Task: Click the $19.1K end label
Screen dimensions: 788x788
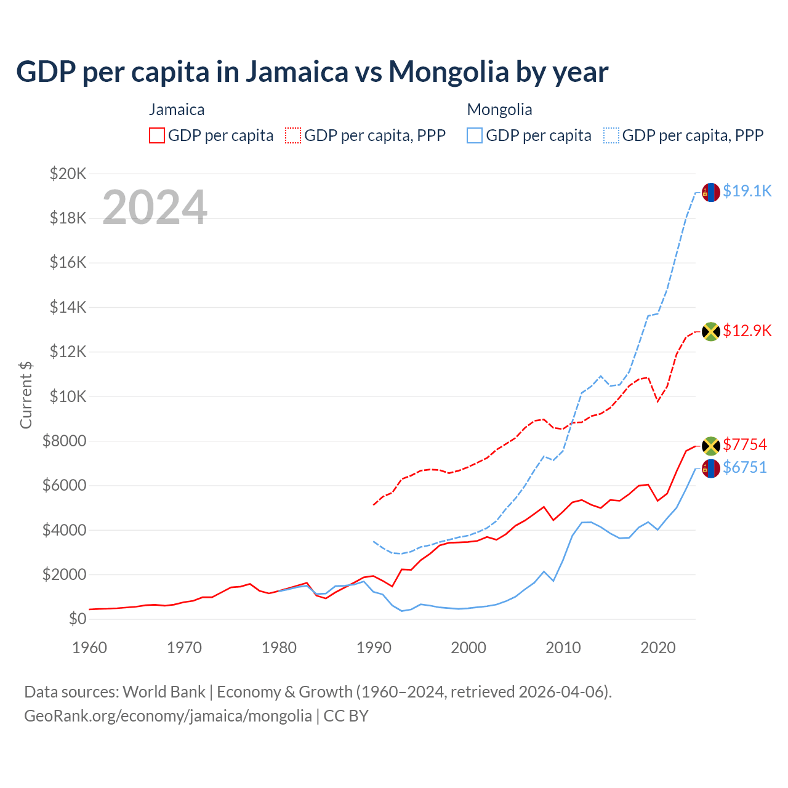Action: (747, 191)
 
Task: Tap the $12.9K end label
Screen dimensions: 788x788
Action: (747, 331)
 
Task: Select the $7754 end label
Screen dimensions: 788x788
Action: (745, 444)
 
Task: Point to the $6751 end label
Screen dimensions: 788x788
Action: (745, 467)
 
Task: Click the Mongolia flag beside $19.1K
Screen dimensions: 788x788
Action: (711, 192)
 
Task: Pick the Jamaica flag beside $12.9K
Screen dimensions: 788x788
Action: (711, 331)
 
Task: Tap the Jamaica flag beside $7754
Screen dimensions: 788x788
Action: (711, 446)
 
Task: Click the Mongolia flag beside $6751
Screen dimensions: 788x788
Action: (711, 468)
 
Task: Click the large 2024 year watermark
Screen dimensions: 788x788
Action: (155, 207)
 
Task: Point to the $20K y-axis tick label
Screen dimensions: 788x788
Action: (68, 174)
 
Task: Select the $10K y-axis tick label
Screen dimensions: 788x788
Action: (68, 396)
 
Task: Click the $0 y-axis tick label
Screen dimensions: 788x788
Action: (77, 619)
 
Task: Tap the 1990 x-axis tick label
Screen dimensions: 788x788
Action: (374, 648)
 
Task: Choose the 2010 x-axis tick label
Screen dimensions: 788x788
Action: (563, 648)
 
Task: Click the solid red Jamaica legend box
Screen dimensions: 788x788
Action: (157, 135)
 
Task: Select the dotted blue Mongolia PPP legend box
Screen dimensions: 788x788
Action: (611, 135)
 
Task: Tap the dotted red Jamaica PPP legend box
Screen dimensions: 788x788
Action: (294, 135)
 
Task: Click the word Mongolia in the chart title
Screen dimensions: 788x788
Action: (449, 72)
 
